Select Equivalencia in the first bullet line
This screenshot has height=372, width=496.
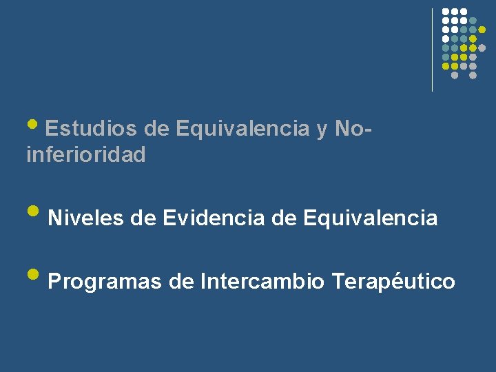click(x=242, y=128)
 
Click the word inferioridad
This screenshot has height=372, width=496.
click(x=86, y=155)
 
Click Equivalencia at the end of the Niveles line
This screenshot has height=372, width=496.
click(x=370, y=218)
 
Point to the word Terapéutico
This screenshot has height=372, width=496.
click(x=393, y=282)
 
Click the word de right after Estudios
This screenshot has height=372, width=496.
click(x=158, y=128)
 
